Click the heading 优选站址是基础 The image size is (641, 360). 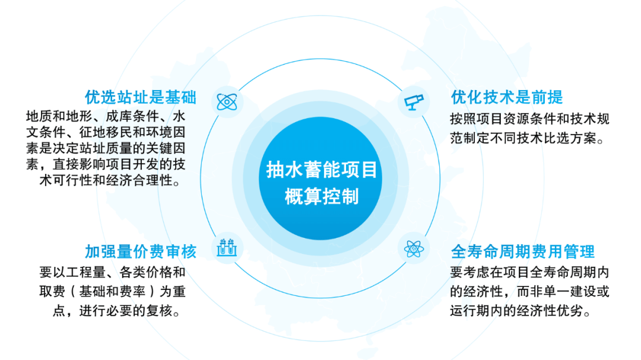click(141, 97)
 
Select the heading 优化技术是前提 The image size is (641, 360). click(507, 97)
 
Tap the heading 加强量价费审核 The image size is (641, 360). click(141, 251)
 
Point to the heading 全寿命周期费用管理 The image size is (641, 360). click(523, 251)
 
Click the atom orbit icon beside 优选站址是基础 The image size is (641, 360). click(227, 102)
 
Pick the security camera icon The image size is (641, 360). click(414, 102)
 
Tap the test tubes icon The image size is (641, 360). click(227, 248)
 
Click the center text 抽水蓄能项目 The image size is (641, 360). click(321, 170)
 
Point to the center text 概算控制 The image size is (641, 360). click(321, 196)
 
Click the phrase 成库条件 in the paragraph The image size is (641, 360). click(132, 116)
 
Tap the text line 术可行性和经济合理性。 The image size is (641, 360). click(110, 180)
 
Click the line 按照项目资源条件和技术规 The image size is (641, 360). click(530, 119)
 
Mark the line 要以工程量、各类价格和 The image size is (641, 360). click(112, 272)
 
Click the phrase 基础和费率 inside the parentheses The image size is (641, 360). click(112, 291)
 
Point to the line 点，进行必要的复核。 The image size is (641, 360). click(116, 311)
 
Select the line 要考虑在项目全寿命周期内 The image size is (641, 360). click(530, 272)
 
